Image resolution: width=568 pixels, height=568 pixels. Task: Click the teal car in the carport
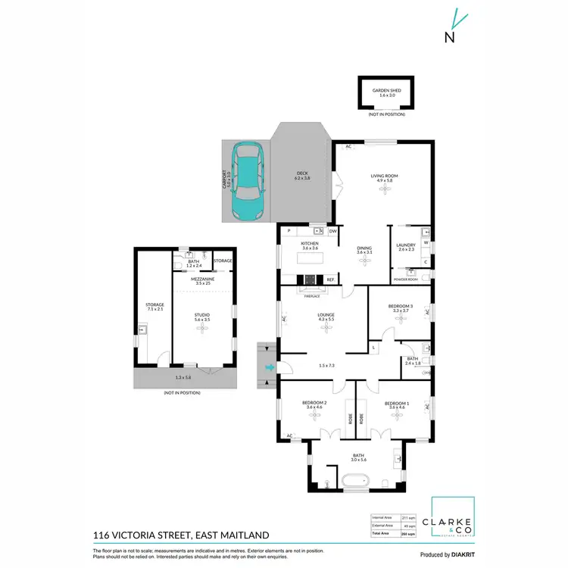[248, 181]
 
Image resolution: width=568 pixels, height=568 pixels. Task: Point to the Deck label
[302, 175]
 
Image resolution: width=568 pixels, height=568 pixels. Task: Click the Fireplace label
[311, 297]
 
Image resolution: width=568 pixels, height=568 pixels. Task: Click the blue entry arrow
[269, 369]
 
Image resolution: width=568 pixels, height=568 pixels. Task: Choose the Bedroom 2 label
[314, 404]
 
